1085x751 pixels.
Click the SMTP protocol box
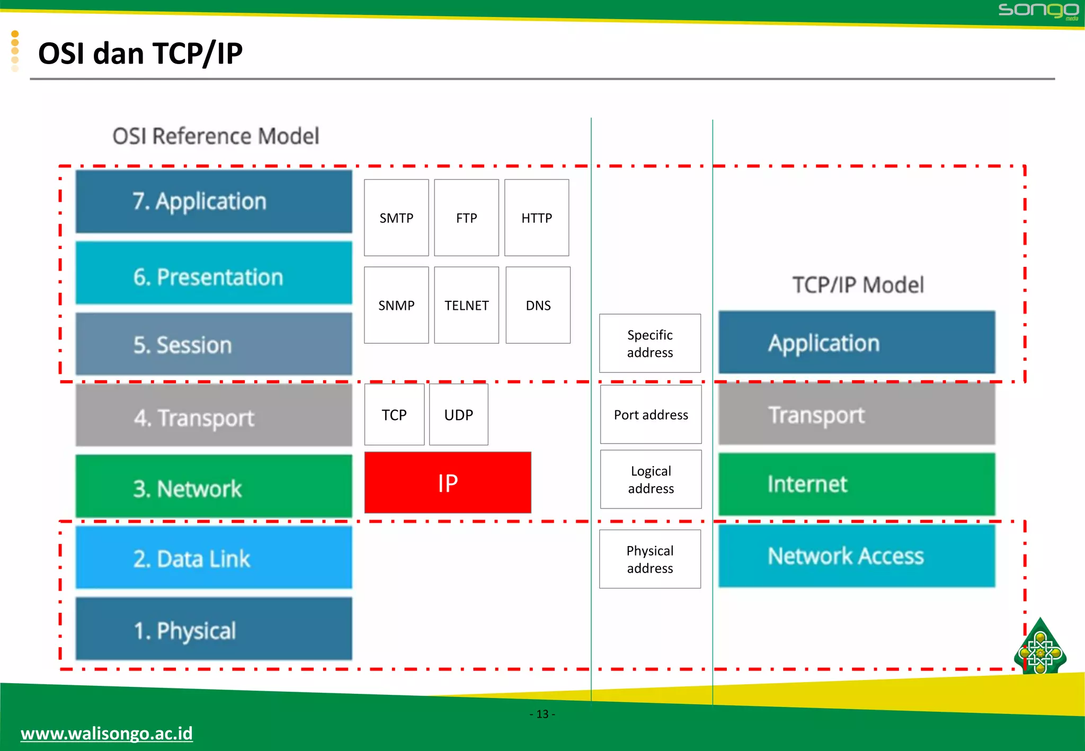396,218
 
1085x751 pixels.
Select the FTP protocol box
466,218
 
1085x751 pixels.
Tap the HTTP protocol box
537,218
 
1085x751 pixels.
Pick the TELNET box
466,305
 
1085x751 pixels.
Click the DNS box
538,305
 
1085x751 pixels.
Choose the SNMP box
396,305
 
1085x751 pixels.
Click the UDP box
458,415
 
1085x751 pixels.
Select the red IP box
448,482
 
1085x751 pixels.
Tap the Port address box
651,415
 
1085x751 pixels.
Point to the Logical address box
651,479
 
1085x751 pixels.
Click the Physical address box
650,559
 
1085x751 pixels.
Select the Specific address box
650,343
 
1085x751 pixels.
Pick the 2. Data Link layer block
214,557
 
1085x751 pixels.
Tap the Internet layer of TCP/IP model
857,484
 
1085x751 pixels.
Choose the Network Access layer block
857,556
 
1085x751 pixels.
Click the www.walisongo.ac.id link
106,734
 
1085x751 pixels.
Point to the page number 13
542,714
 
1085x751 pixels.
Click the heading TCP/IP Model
858,285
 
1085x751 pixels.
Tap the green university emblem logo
1040,648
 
